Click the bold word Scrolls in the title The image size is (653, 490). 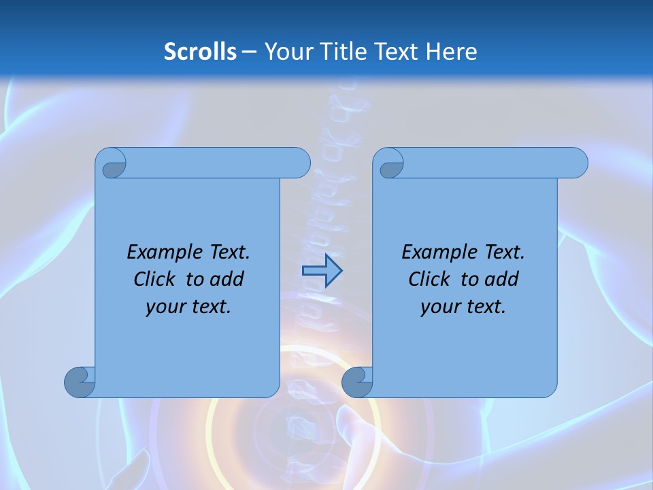coord(201,51)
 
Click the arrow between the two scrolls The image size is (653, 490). coord(322,271)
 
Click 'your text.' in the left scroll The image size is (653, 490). coord(188,306)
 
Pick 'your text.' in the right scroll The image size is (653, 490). coord(463,306)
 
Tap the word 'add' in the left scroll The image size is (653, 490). coord(226,279)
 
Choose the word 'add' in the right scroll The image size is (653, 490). coord(501,279)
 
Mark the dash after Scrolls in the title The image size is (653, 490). coord(249,52)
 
